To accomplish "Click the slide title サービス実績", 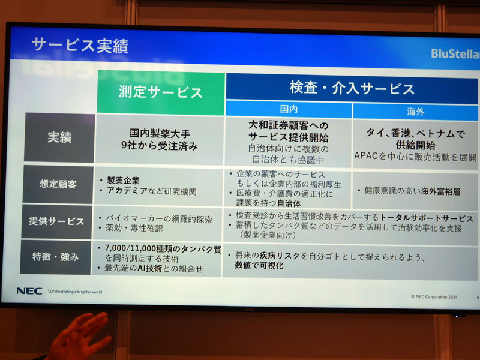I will (x=80, y=46).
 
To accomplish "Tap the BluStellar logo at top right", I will (x=455, y=53).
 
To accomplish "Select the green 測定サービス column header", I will (x=160, y=92).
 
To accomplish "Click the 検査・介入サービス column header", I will (x=352, y=89).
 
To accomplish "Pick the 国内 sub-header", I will (x=289, y=110).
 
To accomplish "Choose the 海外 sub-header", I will (x=415, y=112).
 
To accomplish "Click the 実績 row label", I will (x=59, y=137).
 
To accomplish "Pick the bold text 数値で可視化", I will (x=259, y=265).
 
